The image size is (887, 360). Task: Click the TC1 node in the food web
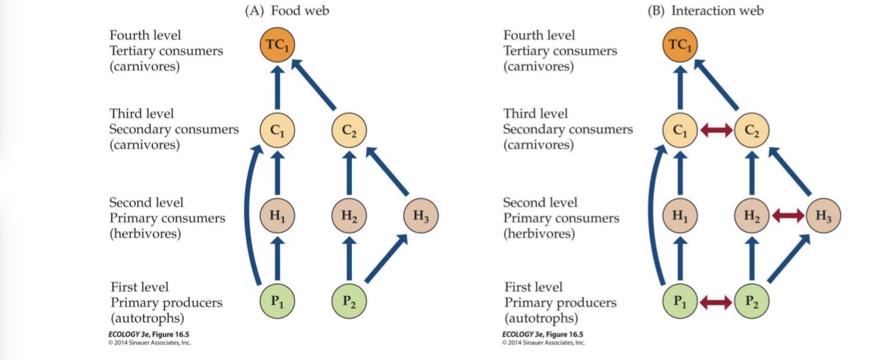pyautogui.click(x=277, y=46)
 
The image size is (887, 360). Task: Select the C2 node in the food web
pyautogui.click(x=349, y=129)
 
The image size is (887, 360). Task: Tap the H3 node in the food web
pyautogui.click(x=421, y=217)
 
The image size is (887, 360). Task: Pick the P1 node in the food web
pyautogui.click(x=277, y=300)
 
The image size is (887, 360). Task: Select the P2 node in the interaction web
pyautogui.click(x=751, y=300)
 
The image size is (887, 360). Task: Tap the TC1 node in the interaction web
pyautogui.click(x=680, y=46)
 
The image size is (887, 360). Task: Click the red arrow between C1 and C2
pyautogui.click(x=715, y=129)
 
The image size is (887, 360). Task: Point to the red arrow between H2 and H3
pyautogui.click(x=787, y=217)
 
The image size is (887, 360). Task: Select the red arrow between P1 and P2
pyautogui.click(x=715, y=300)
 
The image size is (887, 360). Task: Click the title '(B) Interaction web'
pyautogui.click(x=705, y=12)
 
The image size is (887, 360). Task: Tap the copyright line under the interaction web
pyautogui.click(x=543, y=343)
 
